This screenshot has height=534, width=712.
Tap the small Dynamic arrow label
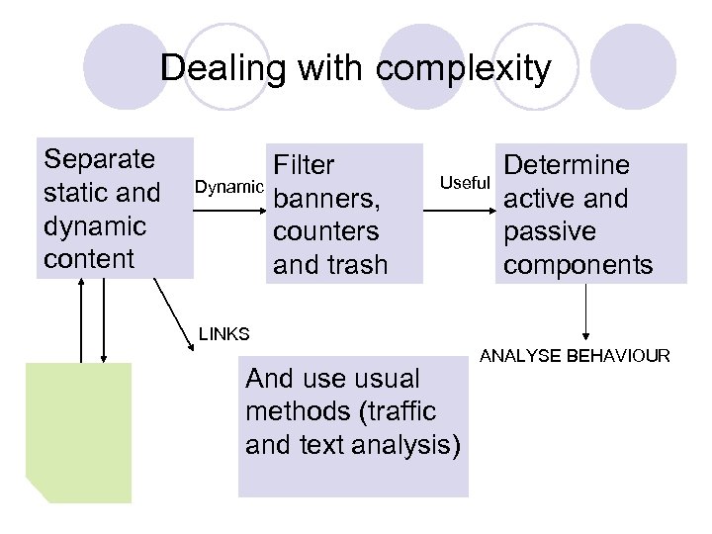229,187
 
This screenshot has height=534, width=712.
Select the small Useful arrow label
465,183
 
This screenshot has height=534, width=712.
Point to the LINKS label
223,334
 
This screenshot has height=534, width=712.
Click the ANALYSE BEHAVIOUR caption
575,356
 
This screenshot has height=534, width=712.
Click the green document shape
78,431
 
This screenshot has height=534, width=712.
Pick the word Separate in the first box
100,159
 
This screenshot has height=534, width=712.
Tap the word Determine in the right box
567,165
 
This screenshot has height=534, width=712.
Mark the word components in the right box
578,265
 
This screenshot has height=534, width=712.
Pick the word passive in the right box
550,232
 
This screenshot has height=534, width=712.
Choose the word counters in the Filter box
326,232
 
